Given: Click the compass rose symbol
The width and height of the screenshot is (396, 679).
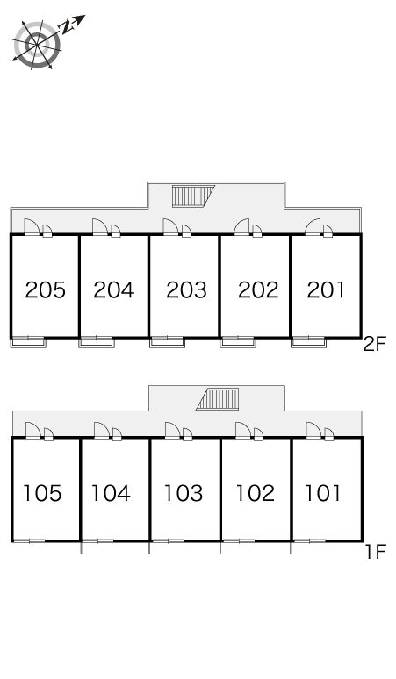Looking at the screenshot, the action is click(37, 44).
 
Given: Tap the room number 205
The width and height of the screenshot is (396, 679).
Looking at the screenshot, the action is click(46, 289).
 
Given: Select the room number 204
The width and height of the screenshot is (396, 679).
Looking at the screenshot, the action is click(114, 289).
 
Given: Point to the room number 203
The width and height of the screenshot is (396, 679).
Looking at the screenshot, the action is click(186, 289).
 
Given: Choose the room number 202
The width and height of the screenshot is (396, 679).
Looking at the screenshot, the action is click(258, 289).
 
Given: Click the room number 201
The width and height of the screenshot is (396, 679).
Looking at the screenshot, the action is click(326, 289).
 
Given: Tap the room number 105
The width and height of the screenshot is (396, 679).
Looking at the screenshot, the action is click(42, 493).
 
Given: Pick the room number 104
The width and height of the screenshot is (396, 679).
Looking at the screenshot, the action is click(111, 493).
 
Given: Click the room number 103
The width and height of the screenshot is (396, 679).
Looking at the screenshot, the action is click(184, 493).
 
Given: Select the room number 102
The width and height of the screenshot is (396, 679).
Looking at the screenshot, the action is click(255, 493).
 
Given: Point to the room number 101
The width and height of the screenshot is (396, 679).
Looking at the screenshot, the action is click(323, 493).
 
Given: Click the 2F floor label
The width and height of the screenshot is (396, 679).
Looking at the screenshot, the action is click(374, 345).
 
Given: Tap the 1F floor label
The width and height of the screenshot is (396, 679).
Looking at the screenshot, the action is click(375, 552).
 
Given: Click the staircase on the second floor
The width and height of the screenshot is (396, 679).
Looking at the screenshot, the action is click(193, 197).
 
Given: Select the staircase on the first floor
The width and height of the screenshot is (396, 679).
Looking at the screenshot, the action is click(218, 399).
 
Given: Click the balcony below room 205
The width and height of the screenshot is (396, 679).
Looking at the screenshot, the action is click(28, 342).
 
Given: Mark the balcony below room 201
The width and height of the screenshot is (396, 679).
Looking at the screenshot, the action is click(308, 342).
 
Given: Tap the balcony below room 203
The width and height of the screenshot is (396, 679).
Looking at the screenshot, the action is click(167, 342).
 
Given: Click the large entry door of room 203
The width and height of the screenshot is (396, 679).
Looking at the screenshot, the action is click(170, 227).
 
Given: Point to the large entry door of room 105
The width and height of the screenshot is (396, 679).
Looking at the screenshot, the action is click(33, 431).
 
